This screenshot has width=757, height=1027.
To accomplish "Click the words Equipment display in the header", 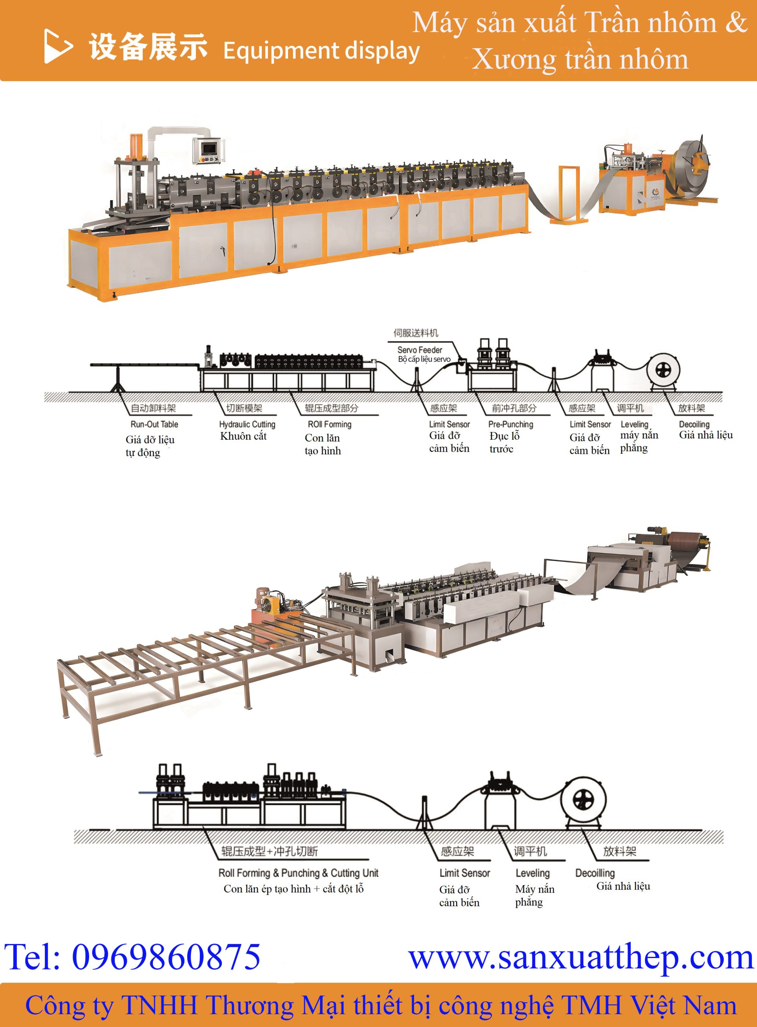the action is [321, 51].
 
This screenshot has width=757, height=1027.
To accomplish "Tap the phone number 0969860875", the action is [166, 956].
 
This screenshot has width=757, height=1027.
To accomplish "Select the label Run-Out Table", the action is [154, 424].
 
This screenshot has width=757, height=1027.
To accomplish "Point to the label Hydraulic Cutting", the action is [247, 424].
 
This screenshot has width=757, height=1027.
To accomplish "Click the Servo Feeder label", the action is [420, 350].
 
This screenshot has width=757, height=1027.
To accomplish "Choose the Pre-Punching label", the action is [511, 424].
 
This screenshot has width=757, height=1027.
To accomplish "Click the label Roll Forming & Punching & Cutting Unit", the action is [298, 873].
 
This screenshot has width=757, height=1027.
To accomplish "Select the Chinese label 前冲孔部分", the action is [514, 408].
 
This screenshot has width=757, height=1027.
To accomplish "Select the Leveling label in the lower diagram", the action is [532, 873].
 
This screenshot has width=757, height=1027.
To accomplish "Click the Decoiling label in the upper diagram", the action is [694, 424].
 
